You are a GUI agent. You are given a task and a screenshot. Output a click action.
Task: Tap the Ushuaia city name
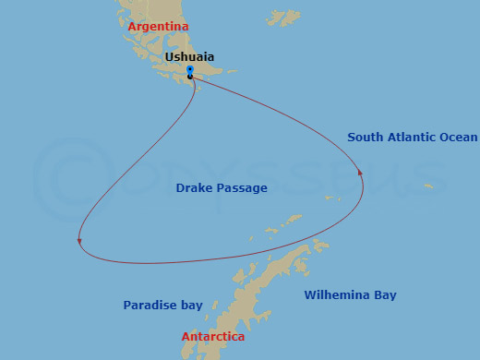pyautogui.click(x=191, y=57)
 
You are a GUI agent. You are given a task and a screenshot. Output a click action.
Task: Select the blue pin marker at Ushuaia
pyautogui.click(x=189, y=70)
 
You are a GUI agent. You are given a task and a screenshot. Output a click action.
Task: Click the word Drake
pyautogui.click(x=193, y=188)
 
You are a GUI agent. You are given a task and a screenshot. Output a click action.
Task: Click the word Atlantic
pyautogui.click(x=412, y=138)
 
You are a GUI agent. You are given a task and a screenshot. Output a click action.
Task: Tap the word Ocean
pyautogui.click(x=459, y=138)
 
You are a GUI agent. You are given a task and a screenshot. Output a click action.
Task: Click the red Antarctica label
pyautogui.click(x=213, y=337)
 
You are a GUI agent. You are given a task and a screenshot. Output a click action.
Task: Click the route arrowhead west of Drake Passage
pyautogui.click(x=79, y=242)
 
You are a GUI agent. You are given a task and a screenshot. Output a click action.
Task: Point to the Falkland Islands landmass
pyautogui.click(x=283, y=18)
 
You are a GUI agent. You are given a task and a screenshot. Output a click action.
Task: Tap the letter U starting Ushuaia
pyautogui.click(x=169, y=57)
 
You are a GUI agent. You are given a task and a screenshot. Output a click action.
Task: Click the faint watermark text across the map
pyautogui.click(x=277, y=175)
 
